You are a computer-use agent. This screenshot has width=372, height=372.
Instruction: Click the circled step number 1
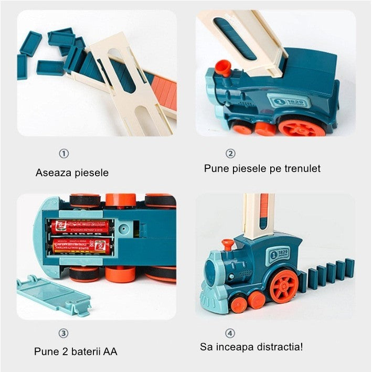coord(63,154)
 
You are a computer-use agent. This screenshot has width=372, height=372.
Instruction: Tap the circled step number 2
coord(230,154)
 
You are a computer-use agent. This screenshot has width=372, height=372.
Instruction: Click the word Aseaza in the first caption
coord(52,172)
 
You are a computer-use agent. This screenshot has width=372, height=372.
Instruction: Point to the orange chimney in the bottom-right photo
coord(228,244)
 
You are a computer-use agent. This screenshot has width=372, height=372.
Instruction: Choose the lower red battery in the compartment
coord(81,246)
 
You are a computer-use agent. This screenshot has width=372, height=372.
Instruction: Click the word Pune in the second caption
coord(214,168)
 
